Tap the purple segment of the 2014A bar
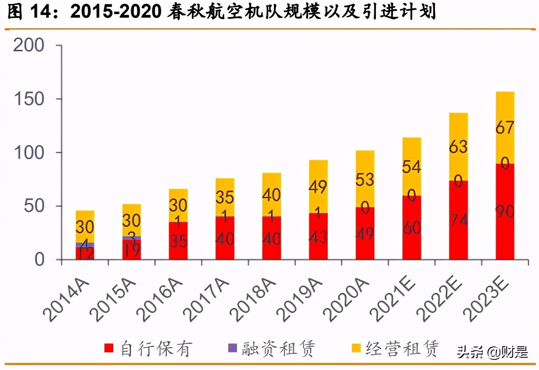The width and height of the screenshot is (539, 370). tap(85, 245)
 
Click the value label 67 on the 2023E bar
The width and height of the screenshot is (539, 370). tap(504, 128)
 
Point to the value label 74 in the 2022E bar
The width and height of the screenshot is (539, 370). tap(458, 220)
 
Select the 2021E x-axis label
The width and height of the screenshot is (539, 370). tap(394, 299)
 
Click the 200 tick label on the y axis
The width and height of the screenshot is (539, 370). tap(29, 45)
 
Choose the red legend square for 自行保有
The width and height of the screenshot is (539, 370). tap(109, 348)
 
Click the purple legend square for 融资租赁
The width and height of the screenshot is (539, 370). tap(233, 348)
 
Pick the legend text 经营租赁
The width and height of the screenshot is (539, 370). tap(402, 348)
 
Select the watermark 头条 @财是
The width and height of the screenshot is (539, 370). tap(492, 352)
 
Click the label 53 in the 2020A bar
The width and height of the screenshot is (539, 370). tap(365, 180)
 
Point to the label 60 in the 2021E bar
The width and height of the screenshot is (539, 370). tap(412, 228)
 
